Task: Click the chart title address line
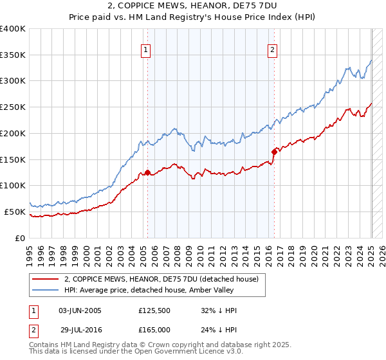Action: point(192,7)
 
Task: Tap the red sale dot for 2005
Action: point(147,172)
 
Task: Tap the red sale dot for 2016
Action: point(274,151)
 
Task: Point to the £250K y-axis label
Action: point(12,107)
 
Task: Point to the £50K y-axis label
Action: point(14,212)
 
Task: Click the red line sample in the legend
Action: point(46,279)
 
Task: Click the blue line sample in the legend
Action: point(46,290)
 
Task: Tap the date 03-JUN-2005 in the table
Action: point(80,310)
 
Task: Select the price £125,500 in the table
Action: point(154,310)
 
